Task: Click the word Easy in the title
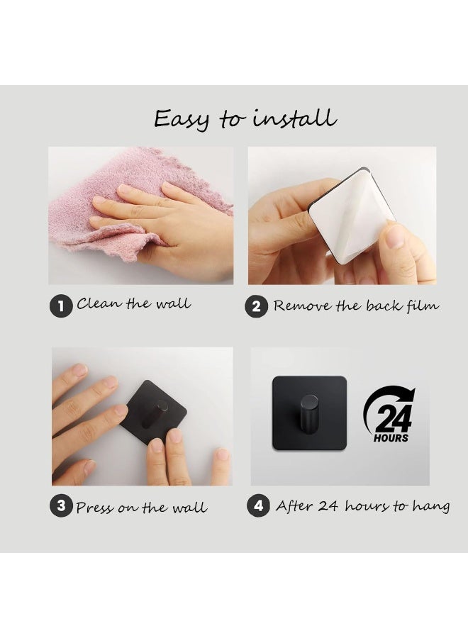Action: click(x=182, y=120)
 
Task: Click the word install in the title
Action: click(x=295, y=118)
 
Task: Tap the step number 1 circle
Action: click(x=61, y=306)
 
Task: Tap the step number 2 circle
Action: click(x=256, y=306)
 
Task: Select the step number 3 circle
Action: click(x=61, y=505)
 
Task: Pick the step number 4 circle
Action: click(x=258, y=505)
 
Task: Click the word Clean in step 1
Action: click(x=99, y=303)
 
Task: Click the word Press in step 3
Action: click(x=95, y=508)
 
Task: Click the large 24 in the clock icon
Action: click(x=392, y=418)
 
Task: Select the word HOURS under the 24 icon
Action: click(x=391, y=438)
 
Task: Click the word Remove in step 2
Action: click(x=302, y=306)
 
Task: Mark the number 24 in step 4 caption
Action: click(x=329, y=505)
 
